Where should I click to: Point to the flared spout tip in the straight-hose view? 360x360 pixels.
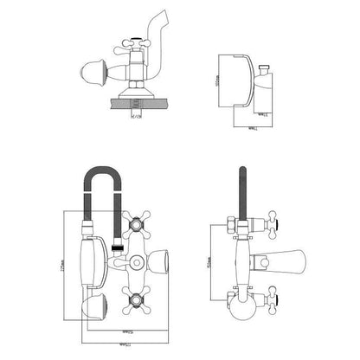(x=304, y=260)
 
